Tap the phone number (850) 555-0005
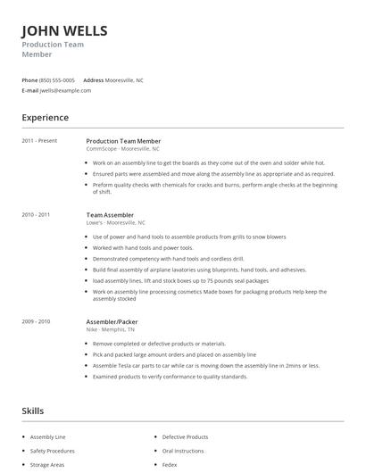pyautogui.click(x=57, y=80)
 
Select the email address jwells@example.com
pyautogui.click(x=66, y=90)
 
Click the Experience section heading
pyautogui.click(x=45, y=118)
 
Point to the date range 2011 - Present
pyautogui.click(x=39, y=141)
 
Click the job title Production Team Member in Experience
pyautogui.click(x=123, y=141)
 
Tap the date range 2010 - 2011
pyautogui.click(x=36, y=215)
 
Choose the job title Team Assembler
pyautogui.click(x=110, y=215)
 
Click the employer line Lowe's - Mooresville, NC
pyautogui.click(x=115, y=223)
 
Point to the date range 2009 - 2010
pyautogui.click(x=36, y=321)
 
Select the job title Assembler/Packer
pyautogui.click(x=112, y=321)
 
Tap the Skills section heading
pyautogui.click(x=33, y=411)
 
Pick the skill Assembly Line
pyautogui.click(x=48, y=437)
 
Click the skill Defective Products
pyautogui.click(x=185, y=437)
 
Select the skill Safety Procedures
pyautogui.click(x=52, y=451)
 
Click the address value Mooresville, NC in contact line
pyautogui.click(x=125, y=80)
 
